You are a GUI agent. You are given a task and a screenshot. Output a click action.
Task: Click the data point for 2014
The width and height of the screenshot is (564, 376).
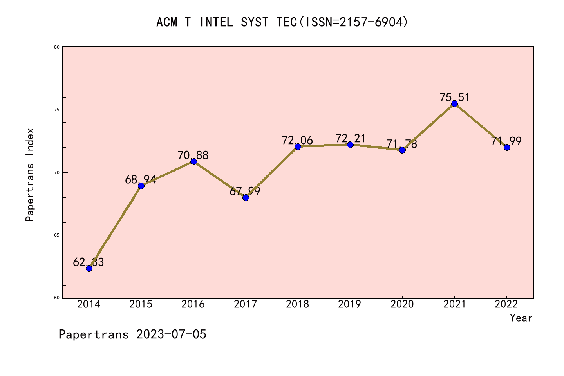89,268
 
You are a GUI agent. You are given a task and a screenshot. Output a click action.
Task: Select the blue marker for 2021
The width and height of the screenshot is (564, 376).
454,103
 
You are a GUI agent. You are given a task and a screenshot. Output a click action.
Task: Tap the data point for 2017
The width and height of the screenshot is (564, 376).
246,197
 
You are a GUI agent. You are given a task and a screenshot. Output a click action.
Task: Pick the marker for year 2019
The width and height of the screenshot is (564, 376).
350,145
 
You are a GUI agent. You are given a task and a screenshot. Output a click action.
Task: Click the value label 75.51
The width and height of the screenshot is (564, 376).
454,97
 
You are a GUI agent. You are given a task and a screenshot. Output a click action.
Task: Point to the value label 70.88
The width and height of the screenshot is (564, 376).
193,155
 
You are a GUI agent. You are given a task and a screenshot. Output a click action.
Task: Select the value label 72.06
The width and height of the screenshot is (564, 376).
297,140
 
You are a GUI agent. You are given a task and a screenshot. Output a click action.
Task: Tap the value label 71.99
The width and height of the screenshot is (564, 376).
506,141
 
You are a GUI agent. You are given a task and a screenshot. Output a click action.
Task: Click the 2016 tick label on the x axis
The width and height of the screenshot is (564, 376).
193,304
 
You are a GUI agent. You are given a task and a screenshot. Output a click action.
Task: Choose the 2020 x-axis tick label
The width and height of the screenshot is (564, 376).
402,304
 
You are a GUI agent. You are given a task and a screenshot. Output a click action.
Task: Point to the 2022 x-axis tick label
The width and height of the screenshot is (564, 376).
506,304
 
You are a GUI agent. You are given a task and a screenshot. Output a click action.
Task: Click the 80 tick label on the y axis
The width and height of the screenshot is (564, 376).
57,47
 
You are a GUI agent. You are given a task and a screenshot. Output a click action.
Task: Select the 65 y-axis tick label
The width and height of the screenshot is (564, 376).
57,235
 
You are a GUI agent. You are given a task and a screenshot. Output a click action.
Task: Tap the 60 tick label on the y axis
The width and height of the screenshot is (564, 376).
57,298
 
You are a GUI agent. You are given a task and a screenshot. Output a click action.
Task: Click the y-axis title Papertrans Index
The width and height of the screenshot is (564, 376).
30,175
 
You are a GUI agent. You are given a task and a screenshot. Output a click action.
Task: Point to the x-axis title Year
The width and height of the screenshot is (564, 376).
521,318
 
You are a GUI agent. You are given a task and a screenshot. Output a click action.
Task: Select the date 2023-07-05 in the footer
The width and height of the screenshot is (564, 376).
171,334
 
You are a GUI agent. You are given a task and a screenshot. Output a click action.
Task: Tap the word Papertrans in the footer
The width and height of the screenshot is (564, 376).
94,334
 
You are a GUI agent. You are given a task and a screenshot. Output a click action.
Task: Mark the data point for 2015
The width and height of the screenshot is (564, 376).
141,186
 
